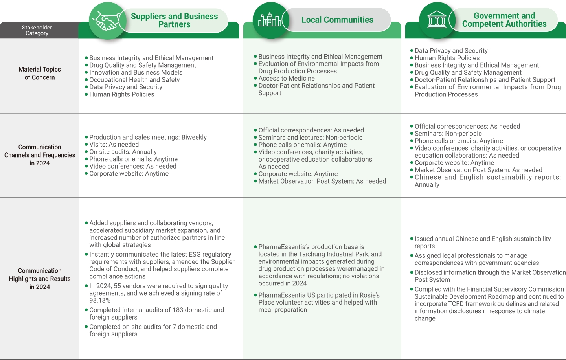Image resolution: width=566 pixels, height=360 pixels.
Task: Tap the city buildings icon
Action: (270, 20)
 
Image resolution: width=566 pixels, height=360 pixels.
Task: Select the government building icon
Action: (437, 20)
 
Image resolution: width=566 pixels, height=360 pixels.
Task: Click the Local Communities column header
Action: (337, 20)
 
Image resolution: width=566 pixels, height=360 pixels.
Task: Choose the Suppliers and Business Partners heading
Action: (174, 20)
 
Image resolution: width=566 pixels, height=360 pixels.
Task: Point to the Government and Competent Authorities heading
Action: (504, 20)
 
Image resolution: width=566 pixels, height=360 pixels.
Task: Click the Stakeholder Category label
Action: (37, 30)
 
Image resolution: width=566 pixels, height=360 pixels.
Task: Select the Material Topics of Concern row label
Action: (40, 73)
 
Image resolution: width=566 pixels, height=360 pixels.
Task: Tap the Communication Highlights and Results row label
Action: (40, 279)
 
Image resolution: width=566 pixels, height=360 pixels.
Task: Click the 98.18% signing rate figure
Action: (100, 300)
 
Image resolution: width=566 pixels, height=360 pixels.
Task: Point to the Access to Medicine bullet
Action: (287, 78)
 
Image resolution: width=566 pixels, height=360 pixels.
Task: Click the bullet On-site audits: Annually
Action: (123, 152)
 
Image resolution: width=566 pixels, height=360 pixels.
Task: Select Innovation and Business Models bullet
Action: (136, 72)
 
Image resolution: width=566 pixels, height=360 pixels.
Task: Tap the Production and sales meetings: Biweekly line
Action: (148, 137)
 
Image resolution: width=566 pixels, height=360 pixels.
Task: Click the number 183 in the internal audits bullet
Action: (178, 310)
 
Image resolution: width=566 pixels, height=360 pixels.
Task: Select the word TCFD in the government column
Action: (452, 304)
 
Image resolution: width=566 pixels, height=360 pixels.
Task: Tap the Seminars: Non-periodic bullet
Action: (448, 134)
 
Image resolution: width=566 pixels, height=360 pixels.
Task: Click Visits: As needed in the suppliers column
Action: (114, 144)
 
